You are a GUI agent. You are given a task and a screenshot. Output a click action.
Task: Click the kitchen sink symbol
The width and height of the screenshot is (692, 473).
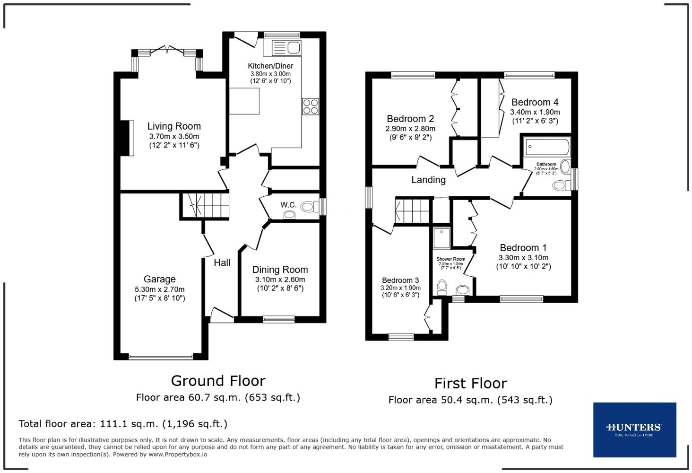tap(286, 48)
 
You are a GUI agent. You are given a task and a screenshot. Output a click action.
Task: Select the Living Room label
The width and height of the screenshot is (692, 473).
tap(174, 126)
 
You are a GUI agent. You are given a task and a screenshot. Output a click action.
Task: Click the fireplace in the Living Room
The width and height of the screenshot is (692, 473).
tap(127, 138)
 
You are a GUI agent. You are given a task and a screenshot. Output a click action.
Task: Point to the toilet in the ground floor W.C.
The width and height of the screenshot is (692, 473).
tap(309, 207)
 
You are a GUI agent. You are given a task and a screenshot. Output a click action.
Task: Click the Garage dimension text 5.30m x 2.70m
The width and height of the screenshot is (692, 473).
tap(159, 289)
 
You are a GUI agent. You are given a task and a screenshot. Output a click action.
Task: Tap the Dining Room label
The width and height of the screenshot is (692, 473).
tap(280, 270)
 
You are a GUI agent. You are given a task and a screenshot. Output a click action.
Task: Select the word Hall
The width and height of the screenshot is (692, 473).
tap(222, 263)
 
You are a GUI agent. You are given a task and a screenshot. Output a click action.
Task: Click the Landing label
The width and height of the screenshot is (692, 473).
tap(428, 180)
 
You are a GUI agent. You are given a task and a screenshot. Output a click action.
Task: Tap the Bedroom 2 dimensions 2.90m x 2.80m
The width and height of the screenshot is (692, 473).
tap(410, 129)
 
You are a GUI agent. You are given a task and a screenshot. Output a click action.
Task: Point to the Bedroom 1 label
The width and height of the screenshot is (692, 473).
tap(523, 248)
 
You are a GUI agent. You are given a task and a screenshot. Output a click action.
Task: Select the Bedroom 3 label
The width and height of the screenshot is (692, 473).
tap(400, 280)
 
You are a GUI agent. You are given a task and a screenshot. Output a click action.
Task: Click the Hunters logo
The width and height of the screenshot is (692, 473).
tap(634, 429)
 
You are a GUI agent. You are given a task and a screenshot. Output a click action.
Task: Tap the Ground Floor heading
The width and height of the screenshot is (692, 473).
tap(218, 381)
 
